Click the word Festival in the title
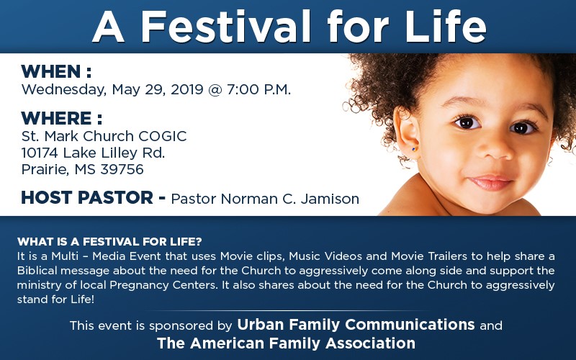point(226,27)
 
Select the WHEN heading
point(56,71)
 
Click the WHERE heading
point(61,118)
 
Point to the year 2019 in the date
point(187,89)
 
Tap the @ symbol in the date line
point(215,89)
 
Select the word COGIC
point(163,136)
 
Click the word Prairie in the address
point(45,169)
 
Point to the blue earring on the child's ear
point(413,149)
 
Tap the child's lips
point(491,183)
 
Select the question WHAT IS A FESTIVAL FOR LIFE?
point(109,242)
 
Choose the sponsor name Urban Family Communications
point(356,325)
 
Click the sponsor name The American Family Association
point(286,343)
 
